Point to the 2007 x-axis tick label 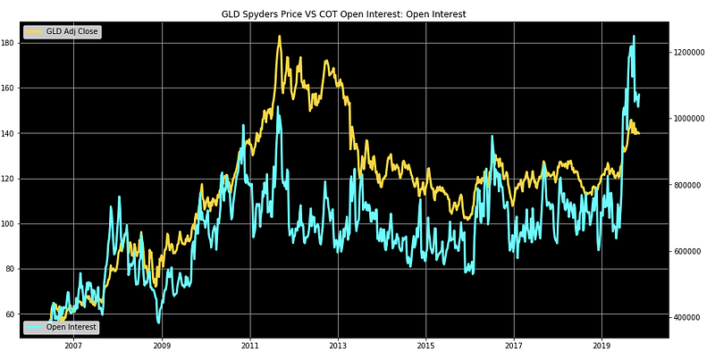point(73,347)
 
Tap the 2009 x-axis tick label point(162,347)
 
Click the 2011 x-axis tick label point(250,347)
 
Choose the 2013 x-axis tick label point(338,347)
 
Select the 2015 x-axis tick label point(426,347)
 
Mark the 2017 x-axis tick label point(514,347)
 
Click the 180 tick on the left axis point(9,43)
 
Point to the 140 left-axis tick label point(9,134)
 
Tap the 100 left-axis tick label point(9,224)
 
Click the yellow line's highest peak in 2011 point(279,37)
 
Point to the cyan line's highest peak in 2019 point(634,37)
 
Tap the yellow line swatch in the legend point(33,32)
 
